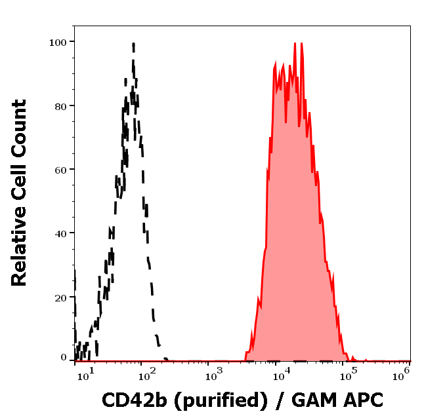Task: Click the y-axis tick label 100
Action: (58, 42)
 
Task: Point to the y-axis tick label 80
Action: (60, 105)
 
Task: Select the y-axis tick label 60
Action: (60, 170)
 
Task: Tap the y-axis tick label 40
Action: (60, 233)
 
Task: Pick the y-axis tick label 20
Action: (60, 297)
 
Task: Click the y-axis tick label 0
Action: (64, 358)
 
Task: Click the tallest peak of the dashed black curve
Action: (133, 45)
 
